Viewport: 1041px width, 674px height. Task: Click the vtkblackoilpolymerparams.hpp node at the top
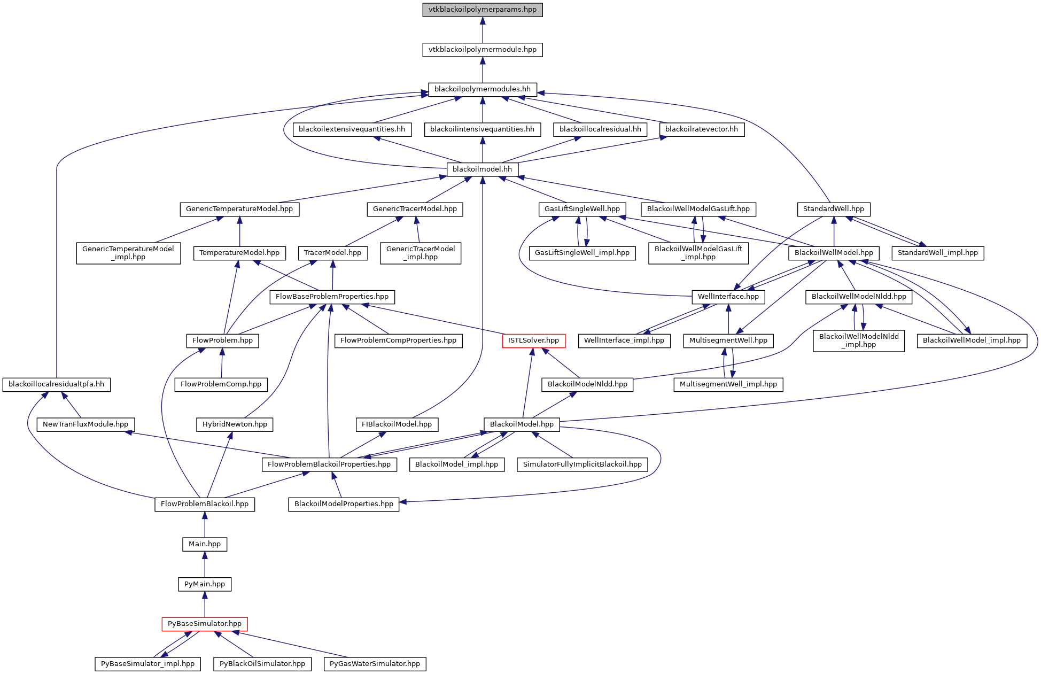coord(482,10)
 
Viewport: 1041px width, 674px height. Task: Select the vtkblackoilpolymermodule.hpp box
coord(482,50)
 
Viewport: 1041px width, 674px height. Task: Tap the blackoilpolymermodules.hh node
coord(482,89)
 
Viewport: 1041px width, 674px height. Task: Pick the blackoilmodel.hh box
coord(482,169)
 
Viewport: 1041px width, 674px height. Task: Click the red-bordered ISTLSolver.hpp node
coord(533,340)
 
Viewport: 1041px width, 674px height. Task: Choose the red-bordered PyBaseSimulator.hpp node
coord(205,624)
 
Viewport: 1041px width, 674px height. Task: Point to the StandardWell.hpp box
coord(833,209)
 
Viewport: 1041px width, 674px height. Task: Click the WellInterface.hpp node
coord(728,297)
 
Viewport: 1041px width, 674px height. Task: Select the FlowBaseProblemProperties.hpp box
coord(332,297)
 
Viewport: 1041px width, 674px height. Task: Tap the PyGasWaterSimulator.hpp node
coord(375,664)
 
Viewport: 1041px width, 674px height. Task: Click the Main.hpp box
coord(205,544)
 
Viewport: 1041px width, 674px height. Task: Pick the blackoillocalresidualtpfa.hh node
coord(56,384)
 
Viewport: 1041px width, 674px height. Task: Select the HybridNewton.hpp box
coord(235,424)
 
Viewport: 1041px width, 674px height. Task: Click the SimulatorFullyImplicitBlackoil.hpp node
coord(582,464)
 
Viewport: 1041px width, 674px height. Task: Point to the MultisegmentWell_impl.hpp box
coord(728,384)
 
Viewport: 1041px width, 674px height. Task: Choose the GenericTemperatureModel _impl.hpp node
coord(128,253)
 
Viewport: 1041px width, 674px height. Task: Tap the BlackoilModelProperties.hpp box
coord(344,504)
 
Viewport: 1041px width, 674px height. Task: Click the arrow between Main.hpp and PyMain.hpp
coord(205,564)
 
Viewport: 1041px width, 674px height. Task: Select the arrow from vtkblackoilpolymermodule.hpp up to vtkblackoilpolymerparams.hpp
coord(482,30)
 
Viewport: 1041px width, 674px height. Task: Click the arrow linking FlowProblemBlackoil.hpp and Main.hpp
coord(205,524)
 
